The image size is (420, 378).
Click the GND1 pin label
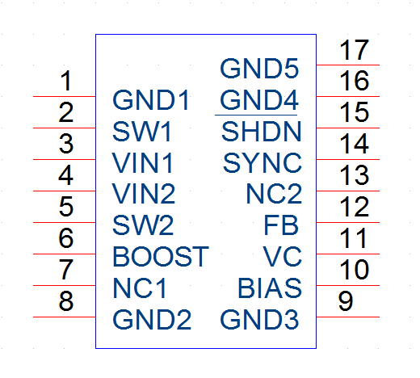pyautogui.click(x=151, y=100)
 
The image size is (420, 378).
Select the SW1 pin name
pyautogui.click(x=142, y=132)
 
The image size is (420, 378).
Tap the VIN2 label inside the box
pyautogui.click(x=144, y=194)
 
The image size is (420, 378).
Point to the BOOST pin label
pyautogui.click(x=161, y=257)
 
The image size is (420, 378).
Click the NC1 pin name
pyautogui.click(x=140, y=288)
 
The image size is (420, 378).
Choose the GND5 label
pyautogui.click(x=259, y=69)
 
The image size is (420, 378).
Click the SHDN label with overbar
pyautogui.click(x=261, y=131)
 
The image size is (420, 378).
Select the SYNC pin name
pyautogui.click(x=262, y=162)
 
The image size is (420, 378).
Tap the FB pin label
pyautogui.click(x=281, y=225)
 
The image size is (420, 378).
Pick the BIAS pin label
pyautogui.click(x=270, y=288)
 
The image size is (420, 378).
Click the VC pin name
pyautogui.click(x=283, y=257)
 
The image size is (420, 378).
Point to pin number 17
pyautogui.click(x=354, y=50)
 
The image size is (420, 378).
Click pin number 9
pyautogui.click(x=346, y=301)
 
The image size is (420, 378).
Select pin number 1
pyautogui.click(x=66, y=81)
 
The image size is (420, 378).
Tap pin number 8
pyautogui.click(x=66, y=301)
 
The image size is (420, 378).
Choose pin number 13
pyautogui.click(x=354, y=175)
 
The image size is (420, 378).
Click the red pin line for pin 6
pyautogui.click(x=65, y=254)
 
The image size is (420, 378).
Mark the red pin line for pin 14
pyautogui.click(x=348, y=159)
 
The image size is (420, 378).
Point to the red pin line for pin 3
pyautogui.click(x=65, y=159)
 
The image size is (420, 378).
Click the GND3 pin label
pyautogui.click(x=259, y=320)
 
